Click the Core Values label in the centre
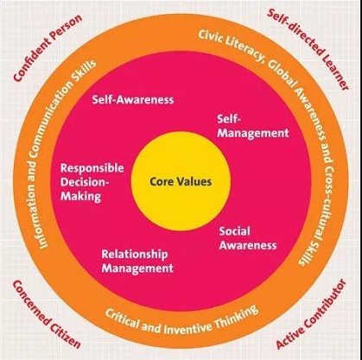(x=181, y=181)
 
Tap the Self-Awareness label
(x=133, y=99)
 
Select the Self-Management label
(x=253, y=127)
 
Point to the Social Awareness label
(x=248, y=238)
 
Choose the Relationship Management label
(x=137, y=262)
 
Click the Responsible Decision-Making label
(x=92, y=182)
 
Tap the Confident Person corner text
(x=48, y=47)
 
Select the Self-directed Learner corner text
(x=308, y=49)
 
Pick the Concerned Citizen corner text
(x=46, y=313)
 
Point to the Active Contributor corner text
(x=310, y=314)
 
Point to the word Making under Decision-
(x=80, y=196)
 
